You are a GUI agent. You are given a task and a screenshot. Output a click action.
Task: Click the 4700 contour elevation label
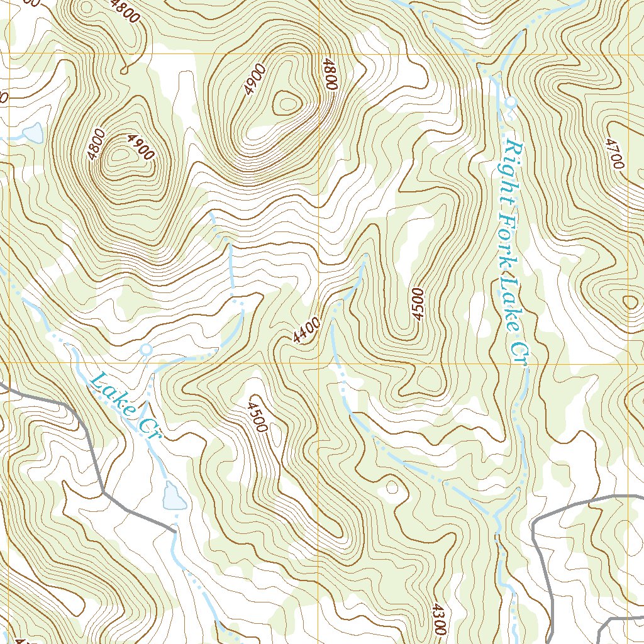(614, 153)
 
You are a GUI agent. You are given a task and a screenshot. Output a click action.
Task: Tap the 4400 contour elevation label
(306, 330)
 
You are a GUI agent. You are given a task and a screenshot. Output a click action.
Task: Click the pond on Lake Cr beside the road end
(173, 497)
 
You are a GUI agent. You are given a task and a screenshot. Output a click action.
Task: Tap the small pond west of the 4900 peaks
(32, 133)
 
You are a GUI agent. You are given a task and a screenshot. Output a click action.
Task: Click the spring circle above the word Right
(511, 101)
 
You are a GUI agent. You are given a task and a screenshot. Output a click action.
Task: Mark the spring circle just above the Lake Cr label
(146, 348)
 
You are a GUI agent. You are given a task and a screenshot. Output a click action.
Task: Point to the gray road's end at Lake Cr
(172, 531)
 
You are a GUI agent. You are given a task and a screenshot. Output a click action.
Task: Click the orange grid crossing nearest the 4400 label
(319, 363)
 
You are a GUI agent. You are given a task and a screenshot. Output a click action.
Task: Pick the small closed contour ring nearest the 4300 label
(392, 487)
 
